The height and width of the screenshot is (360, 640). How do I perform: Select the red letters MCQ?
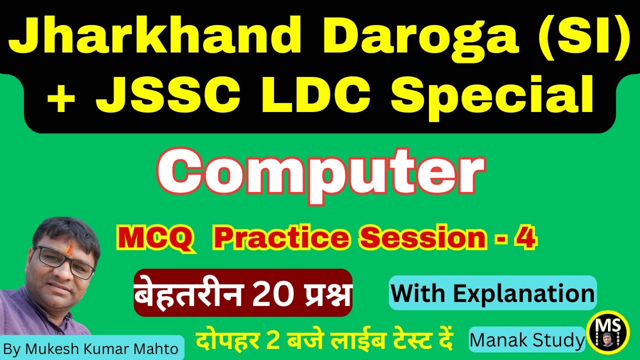(155, 239)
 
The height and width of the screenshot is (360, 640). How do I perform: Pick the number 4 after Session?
(528, 239)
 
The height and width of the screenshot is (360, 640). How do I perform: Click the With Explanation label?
(492, 293)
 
